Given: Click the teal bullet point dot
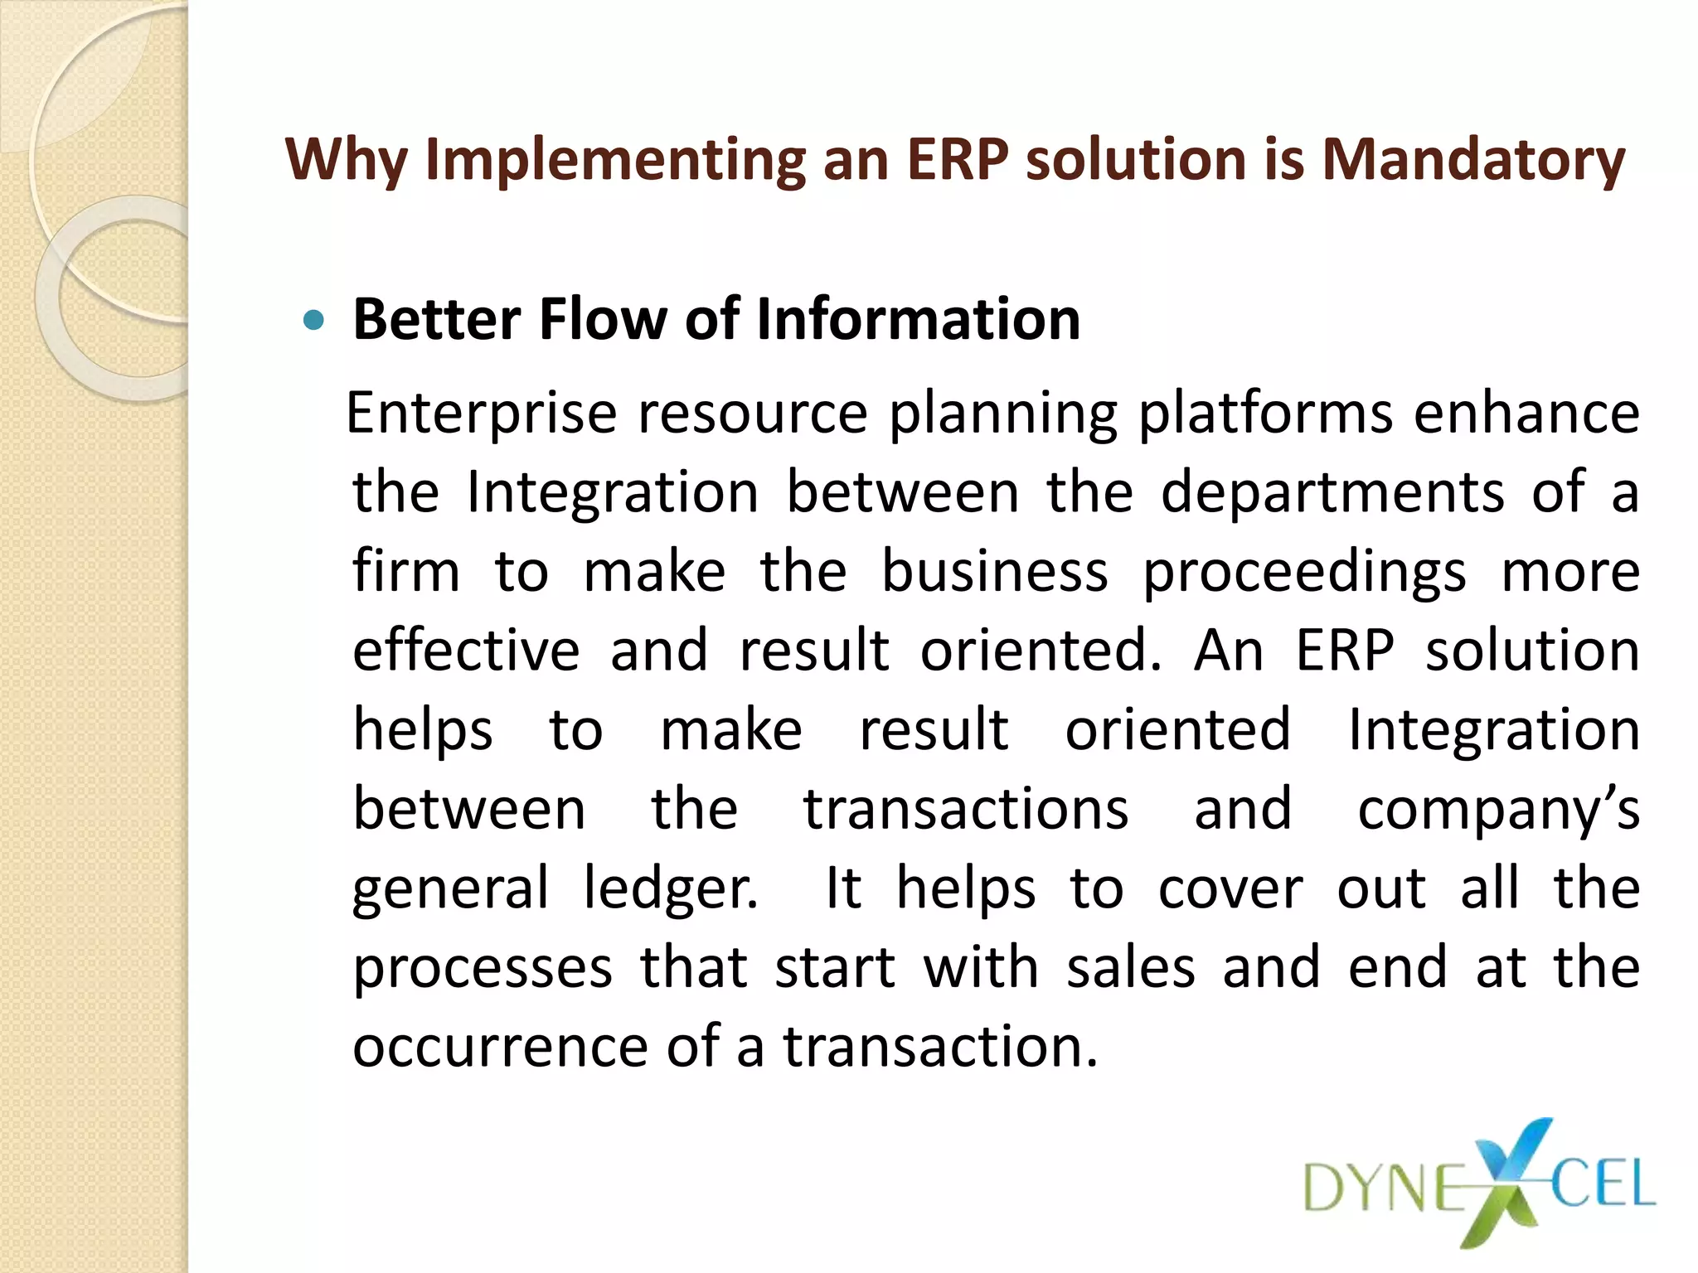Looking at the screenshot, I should click(313, 320).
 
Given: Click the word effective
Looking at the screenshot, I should click(466, 651).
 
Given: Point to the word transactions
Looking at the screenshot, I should click(966, 810).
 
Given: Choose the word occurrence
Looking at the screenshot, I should click(500, 1047).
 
